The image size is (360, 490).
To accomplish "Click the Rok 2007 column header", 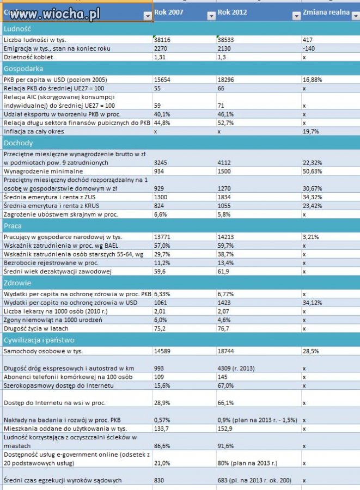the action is pos(168,13).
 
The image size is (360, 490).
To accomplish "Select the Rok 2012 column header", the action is pos(232,13).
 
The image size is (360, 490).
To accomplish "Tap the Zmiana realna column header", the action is pos(326,13).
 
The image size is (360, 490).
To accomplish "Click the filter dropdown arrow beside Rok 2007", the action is pos(211,16).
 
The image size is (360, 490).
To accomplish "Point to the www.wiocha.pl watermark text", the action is pos(55,14).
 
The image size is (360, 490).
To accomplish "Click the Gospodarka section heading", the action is pos(23,69).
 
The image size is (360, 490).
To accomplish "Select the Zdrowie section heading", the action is pos(17,283).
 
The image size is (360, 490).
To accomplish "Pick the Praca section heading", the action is pos(13,226).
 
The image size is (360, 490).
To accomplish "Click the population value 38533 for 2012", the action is pos(225,40).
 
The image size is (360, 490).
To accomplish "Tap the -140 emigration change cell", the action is pos(309,48).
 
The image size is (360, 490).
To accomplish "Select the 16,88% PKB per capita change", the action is pos(312,79).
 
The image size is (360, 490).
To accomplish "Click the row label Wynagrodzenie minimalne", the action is pos(43,171).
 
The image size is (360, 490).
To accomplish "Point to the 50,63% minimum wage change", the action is pos(312,171).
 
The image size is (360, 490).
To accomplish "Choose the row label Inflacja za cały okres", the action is pos(34,132).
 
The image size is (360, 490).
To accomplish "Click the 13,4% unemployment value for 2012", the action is pos(225,263).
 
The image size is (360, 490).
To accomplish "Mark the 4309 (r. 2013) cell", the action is pos(236,369).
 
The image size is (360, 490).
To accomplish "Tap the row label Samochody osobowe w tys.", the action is pos(43,351).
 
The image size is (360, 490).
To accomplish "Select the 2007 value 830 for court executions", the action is pos(158,480).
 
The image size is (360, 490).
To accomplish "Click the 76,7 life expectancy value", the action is pos(223,328).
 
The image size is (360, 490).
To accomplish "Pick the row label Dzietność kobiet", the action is pos(28,57).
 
